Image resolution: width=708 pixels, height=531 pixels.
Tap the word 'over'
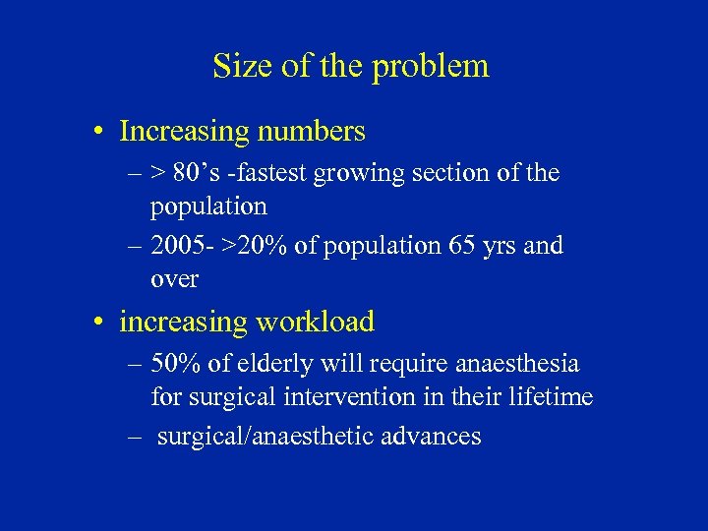tap(175, 280)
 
